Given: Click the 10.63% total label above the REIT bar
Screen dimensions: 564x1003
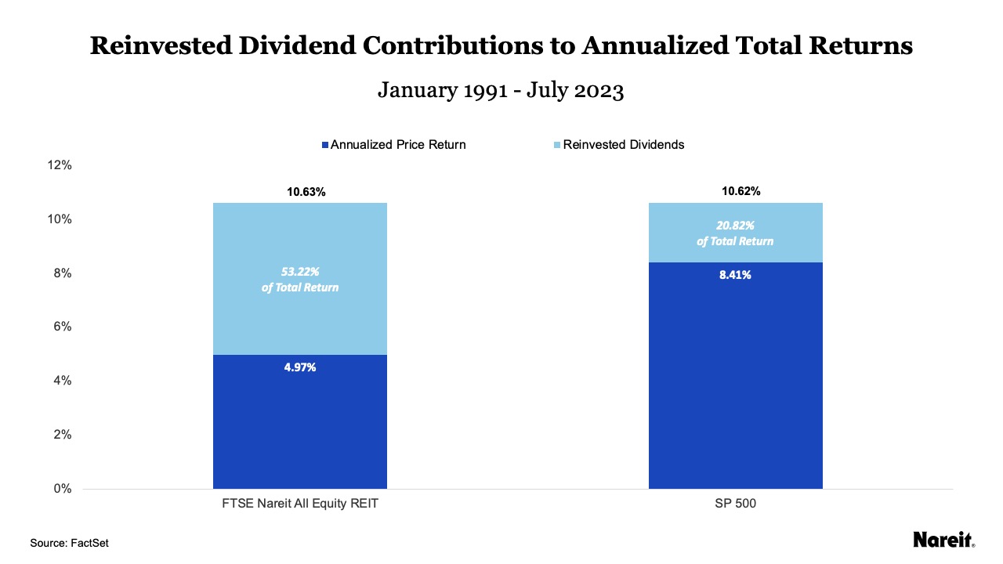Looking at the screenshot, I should (299, 192).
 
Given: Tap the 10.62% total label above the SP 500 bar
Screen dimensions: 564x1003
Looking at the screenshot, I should (735, 191).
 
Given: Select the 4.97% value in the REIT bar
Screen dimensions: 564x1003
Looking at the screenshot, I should (300, 367).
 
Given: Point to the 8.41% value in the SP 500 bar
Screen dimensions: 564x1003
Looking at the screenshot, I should (735, 275).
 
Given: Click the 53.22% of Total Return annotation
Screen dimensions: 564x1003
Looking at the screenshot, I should (300, 280).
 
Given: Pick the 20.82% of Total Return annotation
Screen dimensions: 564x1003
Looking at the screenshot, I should (735, 233).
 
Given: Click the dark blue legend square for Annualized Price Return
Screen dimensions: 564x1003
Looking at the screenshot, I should (325, 145).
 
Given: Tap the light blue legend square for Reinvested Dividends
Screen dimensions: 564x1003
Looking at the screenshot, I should (557, 145).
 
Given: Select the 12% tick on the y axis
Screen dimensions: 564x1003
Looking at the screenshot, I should (60, 165).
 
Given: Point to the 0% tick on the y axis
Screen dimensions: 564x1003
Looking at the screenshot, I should (63, 489).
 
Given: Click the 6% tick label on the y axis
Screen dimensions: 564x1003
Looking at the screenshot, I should (63, 327).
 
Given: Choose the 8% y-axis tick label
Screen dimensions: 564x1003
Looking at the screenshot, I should (63, 273).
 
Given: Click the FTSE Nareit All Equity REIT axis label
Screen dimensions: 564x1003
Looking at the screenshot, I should (300, 504).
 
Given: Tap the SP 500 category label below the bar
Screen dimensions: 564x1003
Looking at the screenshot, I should (735, 504).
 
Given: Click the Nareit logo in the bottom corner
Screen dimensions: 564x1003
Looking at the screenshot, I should (943, 540).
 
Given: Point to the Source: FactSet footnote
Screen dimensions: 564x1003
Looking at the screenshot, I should (69, 543).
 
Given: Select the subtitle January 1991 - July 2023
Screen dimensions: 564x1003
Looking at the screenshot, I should (501, 90).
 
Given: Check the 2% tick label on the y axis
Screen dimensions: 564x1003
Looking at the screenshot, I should (63, 435).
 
